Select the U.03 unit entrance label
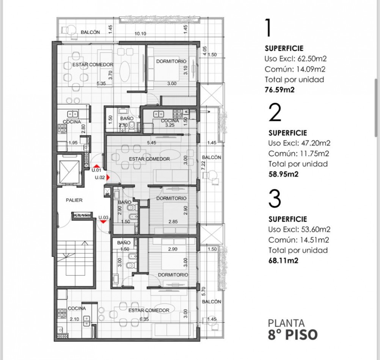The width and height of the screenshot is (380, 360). click(x=103, y=218)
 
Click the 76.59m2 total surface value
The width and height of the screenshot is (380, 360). click(x=280, y=90)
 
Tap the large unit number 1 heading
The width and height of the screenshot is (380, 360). click(x=269, y=28)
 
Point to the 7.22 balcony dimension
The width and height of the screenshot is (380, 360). click(x=203, y=164)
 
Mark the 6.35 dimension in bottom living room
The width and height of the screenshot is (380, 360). click(x=144, y=319)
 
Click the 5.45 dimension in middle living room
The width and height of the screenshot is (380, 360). click(x=151, y=143)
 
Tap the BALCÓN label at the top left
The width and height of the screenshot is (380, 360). click(x=90, y=33)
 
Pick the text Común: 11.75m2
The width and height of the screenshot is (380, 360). click(x=298, y=153)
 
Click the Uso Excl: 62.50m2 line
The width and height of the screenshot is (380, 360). click(x=295, y=59)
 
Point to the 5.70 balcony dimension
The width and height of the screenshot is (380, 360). click(x=203, y=291)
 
